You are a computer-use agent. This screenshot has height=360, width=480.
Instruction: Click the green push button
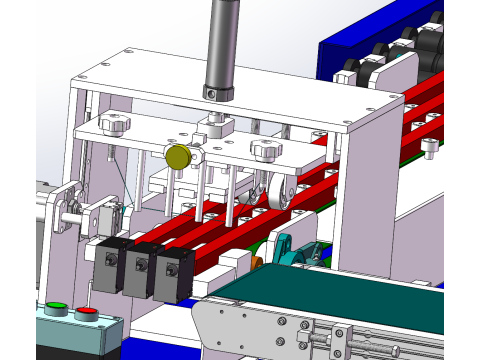tap(56, 307)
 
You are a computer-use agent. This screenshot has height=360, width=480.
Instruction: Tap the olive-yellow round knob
tap(178, 157)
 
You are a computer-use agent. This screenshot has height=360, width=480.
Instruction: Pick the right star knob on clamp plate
tap(265, 150)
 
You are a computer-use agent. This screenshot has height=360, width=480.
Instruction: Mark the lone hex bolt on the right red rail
tap(429, 147)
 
